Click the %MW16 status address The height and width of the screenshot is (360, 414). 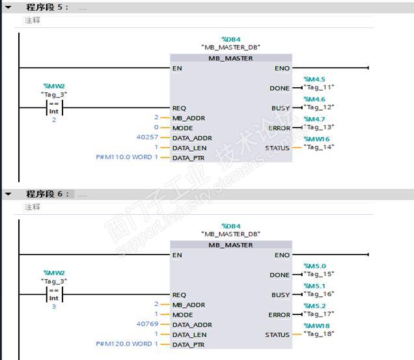(316, 139)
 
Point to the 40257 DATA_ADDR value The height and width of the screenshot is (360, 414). (148, 137)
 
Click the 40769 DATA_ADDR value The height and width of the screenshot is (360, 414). (148, 324)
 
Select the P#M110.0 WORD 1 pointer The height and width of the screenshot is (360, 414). (127, 157)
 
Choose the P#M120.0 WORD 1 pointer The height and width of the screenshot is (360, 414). (127, 343)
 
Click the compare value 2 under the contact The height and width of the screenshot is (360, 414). (54, 120)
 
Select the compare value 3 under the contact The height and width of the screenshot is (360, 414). (54, 306)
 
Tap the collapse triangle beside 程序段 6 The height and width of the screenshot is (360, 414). (8, 193)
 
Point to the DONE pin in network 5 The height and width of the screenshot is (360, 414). (280, 88)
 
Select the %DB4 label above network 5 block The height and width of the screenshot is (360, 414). (231, 39)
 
